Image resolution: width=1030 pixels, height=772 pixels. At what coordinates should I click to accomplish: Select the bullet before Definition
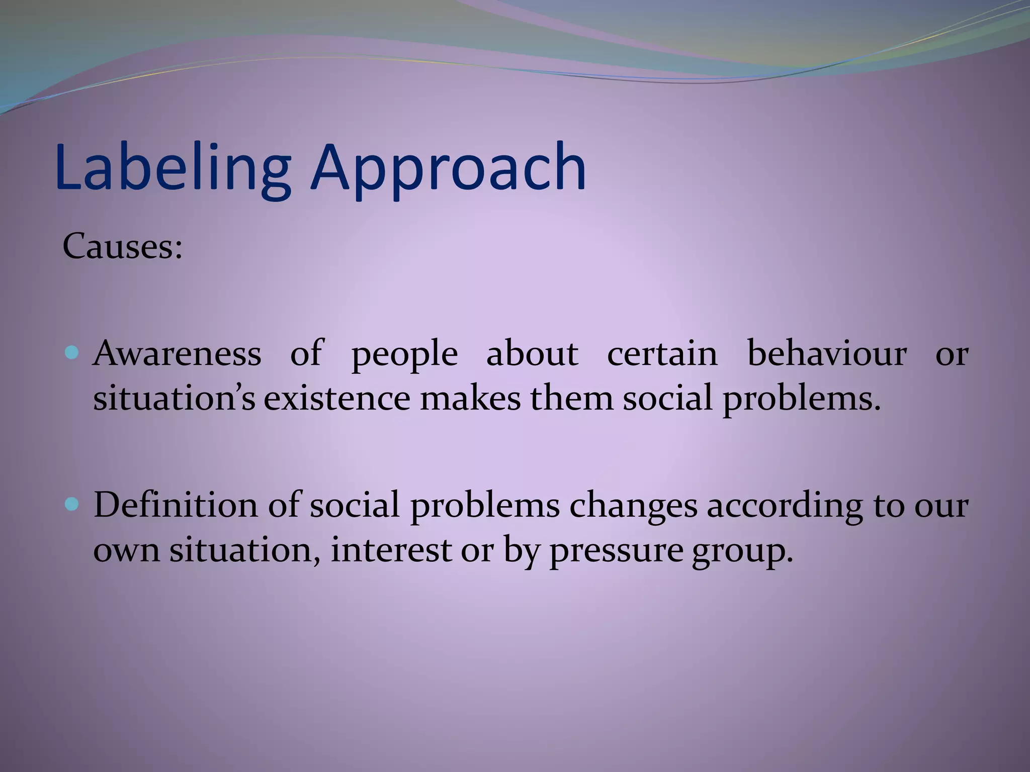click(x=72, y=504)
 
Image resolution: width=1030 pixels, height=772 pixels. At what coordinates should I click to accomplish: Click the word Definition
click(x=175, y=505)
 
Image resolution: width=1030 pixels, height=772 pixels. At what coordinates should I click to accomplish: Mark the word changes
click(x=633, y=506)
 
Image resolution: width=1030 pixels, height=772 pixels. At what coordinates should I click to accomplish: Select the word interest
click(x=391, y=550)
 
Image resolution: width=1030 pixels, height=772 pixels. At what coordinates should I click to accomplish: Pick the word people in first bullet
click(x=404, y=355)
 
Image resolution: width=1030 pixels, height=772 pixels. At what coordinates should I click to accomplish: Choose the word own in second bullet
click(x=126, y=551)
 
